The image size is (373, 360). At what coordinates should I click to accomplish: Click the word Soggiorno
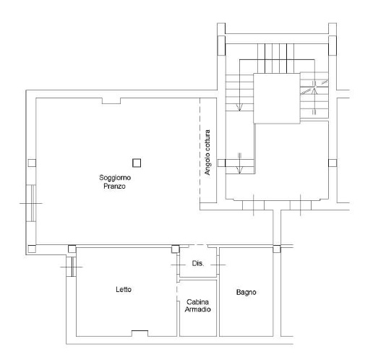[x=115, y=178]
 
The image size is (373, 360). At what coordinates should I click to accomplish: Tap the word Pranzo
[x=114, y=186]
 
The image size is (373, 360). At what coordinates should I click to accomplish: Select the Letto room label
[x=124, y=289]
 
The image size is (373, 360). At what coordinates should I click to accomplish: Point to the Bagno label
[x=246, y=293]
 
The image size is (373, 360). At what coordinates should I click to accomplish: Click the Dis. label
[x=198, y=263]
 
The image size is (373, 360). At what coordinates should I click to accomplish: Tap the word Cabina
[x=197, y=302]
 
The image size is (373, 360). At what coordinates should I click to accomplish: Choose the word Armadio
[x=197, y=309]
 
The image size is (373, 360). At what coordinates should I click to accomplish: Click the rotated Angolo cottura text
[x=207, y=153]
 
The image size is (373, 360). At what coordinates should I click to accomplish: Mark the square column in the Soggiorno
[x=137, y=163]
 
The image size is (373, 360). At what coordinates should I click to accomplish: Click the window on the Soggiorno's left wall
[x=31, y=203]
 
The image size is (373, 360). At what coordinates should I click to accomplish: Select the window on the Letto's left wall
[x=72, y=267]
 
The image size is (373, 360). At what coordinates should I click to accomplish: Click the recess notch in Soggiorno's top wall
[x=111, y=101]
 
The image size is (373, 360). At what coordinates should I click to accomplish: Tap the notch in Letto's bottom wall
[x=140, y=333]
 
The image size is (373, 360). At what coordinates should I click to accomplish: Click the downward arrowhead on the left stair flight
[x=239, y=108]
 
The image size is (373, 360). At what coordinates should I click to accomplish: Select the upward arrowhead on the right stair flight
[x=314, y=91]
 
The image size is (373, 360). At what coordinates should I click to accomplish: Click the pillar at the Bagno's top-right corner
[x=277, y=249]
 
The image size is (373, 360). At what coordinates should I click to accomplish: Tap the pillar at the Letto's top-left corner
[x=72, y=249]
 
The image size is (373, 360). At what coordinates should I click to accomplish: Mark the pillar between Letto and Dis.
[x=176, y=249]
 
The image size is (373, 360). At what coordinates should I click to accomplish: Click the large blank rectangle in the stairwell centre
[x=277, y=98]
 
